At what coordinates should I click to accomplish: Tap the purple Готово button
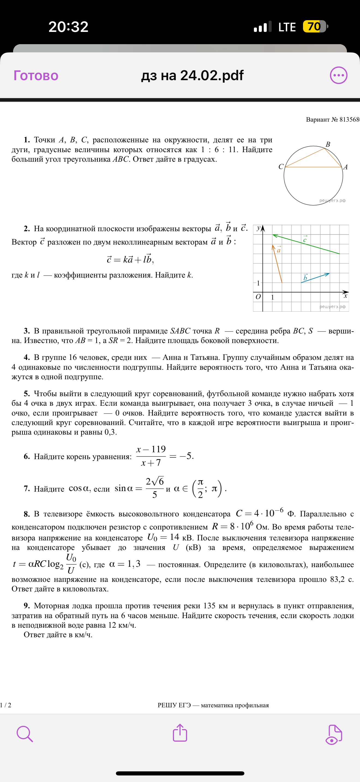point(36,76)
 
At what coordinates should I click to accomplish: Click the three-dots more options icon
point(338,75)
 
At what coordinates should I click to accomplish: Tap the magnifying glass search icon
point(25,734)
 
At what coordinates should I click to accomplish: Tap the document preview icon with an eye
point(334,734)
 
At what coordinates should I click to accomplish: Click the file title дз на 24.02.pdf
point(192,75)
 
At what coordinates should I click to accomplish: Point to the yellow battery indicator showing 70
point(314,26)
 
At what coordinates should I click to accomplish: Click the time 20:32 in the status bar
point(68,27)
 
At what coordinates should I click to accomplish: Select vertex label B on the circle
point(328,144)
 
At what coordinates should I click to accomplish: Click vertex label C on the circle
point(281,167)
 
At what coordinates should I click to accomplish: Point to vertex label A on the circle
point(346,167)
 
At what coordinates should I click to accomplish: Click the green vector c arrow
point(306,244)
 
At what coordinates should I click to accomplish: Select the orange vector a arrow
point(277,263)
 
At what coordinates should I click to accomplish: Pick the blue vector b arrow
point(315,278)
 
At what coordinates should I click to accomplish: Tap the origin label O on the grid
point(258,297)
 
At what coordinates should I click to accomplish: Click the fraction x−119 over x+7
point(151,456)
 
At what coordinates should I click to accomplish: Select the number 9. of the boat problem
point(27,606)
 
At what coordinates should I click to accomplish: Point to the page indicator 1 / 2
point(6,705)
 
